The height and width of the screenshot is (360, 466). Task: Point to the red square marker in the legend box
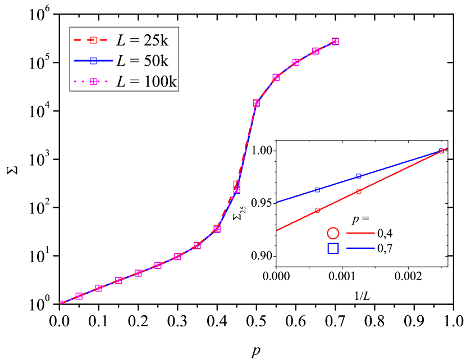pyautogui.click(x=93, y=40)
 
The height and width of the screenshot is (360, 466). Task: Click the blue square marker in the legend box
pyautogui.click(x=93, y=61)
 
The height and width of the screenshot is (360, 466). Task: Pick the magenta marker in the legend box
pyautogui.click(x=93, y=81)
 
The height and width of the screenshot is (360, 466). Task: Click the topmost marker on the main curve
pyautogui.click(x=335, y=42)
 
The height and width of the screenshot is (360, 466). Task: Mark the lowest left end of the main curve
pyautogui.click(x=61, y=303)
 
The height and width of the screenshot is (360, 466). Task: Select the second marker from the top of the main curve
pyautogui.click(x=316, y=51)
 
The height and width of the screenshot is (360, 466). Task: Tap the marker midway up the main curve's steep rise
pyautogui.click(x=236, y=186)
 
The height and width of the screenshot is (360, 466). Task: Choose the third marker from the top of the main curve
pyautogui.click(x=296, y=62)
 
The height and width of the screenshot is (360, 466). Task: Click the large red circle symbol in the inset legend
pyautogui.click(x=333, y=233)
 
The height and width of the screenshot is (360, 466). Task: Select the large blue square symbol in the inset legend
pyautogui.click(x=333, y=248)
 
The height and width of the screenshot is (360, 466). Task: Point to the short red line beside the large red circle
pyautogui.click(x=360, y=233)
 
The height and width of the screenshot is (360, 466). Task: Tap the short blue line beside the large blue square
pyautogui.click(x=360, y=248)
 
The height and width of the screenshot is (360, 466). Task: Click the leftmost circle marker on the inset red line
pyautogui.click(x=317, y=211)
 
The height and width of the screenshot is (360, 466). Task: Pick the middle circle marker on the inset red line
pyautogui.click(x=359, y=191)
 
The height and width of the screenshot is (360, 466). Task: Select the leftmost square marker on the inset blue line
pyautogui.click(x=317, y=190)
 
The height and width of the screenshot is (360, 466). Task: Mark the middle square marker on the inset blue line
pyautogui.click(x=359, y=177)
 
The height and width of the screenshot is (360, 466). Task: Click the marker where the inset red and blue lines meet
pyautogui.click(x=441, y=151)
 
